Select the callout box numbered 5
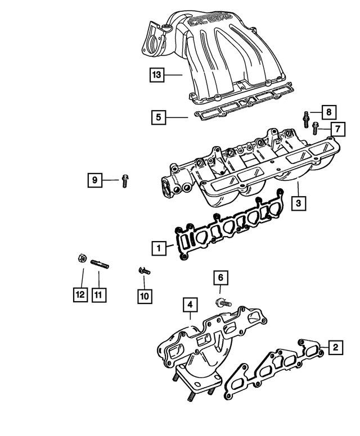coord(159,117)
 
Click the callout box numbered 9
coord(95,180)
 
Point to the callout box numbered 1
coord(159,247)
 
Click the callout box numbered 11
coord(99,294)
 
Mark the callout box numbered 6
coord(221,277)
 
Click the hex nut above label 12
coord(81,259)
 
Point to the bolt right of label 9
coord(125,181)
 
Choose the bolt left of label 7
coord(316,129)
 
